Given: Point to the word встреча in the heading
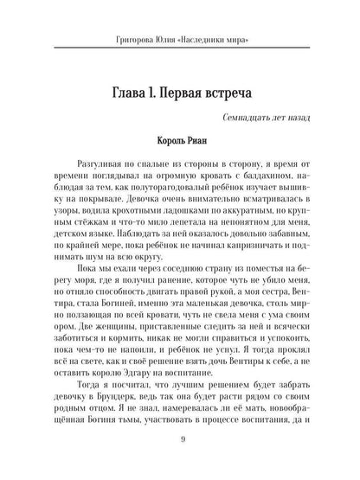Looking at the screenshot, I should pos(243,93).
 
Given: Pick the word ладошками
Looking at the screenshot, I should pos(181,234).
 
